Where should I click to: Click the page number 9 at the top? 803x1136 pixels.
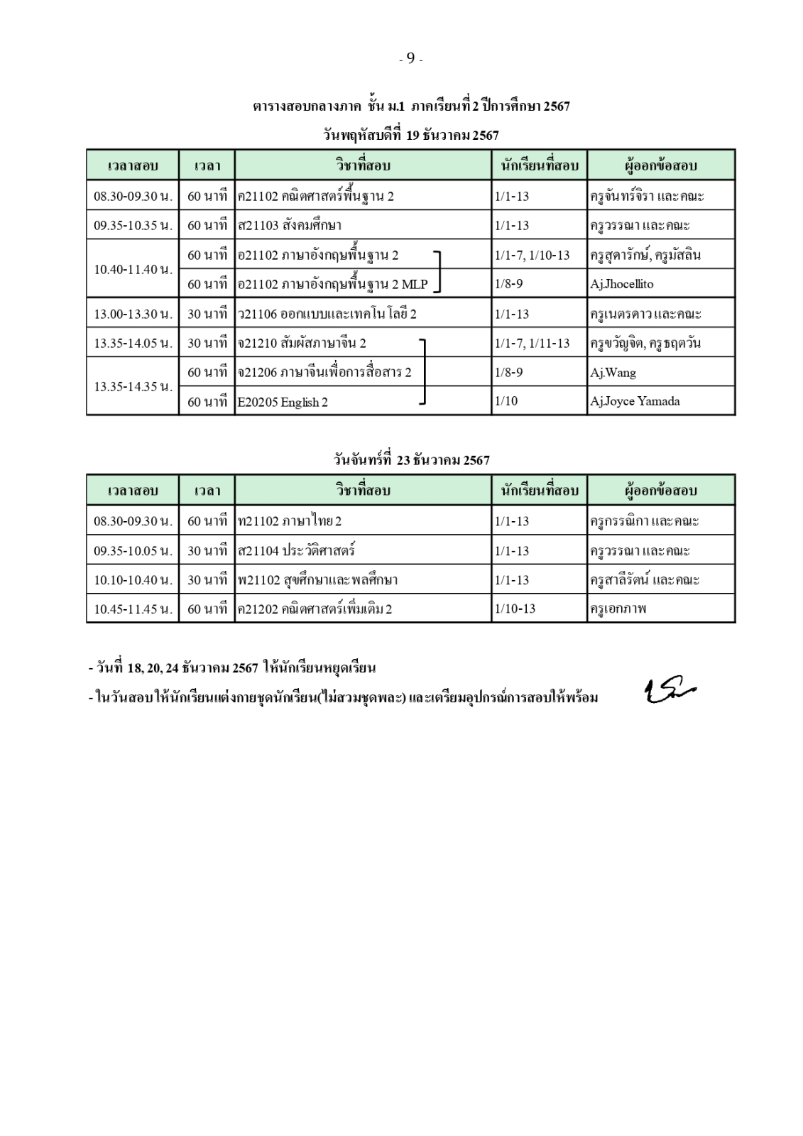coord(410,59)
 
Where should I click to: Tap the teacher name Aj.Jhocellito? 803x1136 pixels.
coord(621,284)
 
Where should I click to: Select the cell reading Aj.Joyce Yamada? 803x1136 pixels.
coord(635,401)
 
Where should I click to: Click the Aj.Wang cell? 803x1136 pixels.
coord(613,372)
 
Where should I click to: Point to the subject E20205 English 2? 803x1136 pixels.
coord(283,402)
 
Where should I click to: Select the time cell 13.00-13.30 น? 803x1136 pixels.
coord(133,314)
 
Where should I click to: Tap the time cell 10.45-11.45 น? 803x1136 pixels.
coord(133,608)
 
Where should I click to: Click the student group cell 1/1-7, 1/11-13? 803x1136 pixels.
coord(532,344)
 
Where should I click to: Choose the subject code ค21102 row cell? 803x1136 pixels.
coord(316,196)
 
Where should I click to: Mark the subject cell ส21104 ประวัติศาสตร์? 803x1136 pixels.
coord(296,550)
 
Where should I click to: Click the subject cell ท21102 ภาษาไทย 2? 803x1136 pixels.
coord(290,521)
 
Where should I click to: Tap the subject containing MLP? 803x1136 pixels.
coord(333,284)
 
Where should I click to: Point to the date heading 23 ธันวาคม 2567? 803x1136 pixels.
coord(412,460)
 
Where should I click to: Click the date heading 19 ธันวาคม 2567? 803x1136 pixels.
coord(412,135)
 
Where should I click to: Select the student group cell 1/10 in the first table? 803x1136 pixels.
coord(506,401)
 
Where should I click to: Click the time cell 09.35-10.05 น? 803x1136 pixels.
coord(133,550)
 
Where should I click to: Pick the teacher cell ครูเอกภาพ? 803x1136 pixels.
coord(618,608)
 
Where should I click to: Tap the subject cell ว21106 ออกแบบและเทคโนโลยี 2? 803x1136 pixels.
coord(327,314)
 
